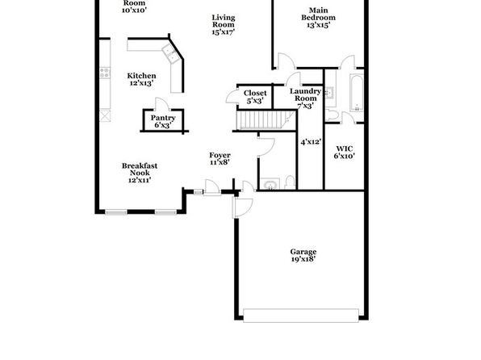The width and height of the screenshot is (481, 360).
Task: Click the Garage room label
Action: point(303,252)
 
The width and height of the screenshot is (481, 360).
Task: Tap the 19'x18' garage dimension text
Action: point(303,259)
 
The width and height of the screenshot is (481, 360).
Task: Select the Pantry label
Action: point(163,118)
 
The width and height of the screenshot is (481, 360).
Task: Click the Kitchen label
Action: point(141,76)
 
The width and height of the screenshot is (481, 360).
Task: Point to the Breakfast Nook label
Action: point(140,170)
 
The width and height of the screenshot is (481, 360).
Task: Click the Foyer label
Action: point(220,155)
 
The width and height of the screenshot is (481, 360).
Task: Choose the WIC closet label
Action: point(344,149)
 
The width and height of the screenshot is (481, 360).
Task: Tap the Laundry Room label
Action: point(306,94)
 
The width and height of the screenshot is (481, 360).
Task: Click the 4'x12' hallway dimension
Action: point(311,142)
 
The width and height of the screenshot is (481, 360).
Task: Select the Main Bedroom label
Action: point(318,14)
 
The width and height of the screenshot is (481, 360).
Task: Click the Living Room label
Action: point(224,21)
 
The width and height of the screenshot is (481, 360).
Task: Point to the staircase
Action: point(266,120)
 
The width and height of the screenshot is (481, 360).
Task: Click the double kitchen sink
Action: point(170,54)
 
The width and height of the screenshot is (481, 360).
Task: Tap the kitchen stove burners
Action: point(105,73)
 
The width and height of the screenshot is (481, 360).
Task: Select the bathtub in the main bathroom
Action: point(357,93)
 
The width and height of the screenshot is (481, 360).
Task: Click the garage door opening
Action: point(300,316)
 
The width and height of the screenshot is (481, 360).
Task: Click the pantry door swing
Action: point(161,104)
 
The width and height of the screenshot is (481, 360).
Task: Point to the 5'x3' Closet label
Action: point(255,97)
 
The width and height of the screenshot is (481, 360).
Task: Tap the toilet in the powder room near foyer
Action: point(289,182)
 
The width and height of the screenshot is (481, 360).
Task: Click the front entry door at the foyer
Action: point(211,187)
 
